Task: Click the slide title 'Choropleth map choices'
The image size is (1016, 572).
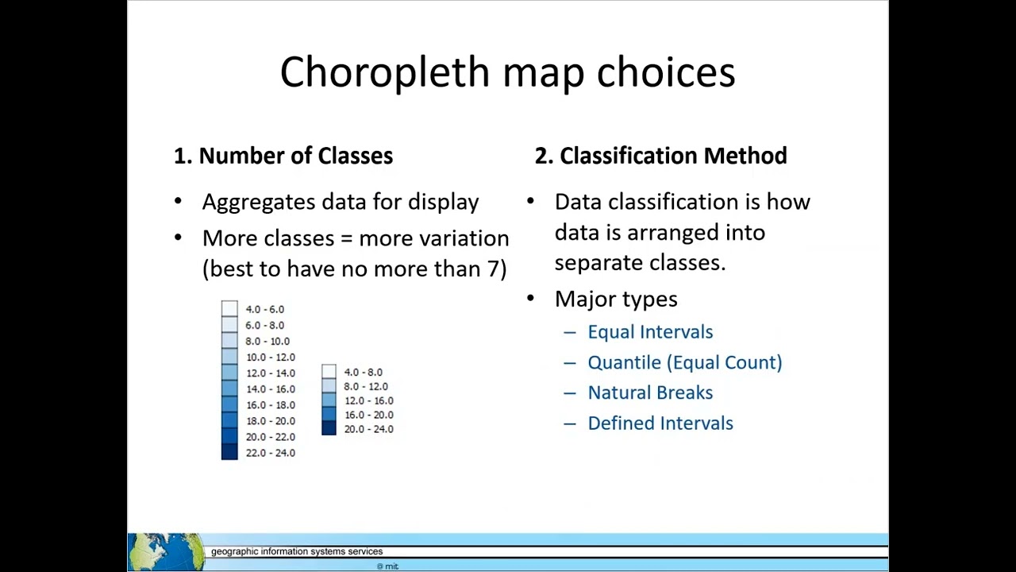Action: click(x=507, y=72)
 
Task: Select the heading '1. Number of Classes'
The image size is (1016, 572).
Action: click(x=283, y=156)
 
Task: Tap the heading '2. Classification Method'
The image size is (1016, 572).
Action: click(x=660, y=156)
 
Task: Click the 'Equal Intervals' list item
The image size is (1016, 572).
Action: click(x=650, y=332)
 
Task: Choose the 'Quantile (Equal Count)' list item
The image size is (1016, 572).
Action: click(x=684, y=362)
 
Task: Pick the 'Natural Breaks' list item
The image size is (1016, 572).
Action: click(x=650, y=392)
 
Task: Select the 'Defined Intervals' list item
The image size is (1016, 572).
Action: click(x=660, y=423)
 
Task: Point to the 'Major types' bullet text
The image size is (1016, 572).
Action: click(x=616, y=299)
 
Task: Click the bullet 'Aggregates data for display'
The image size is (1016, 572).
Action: click(x=341, y=202)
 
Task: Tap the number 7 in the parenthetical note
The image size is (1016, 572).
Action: click(x=492, y=269)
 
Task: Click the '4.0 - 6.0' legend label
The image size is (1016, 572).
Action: click(x=264, y=309)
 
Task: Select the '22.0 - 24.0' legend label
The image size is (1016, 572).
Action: click(x=270, y=453)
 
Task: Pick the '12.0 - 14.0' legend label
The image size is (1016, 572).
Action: click(x=270, y=373)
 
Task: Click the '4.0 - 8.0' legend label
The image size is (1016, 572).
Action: click(x=363, y=372)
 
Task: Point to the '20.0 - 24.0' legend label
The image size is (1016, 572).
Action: click(x=368, y=429)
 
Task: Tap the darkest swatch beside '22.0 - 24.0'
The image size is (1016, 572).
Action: click(x=229, y=452)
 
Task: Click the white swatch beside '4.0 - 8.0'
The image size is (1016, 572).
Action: click(x=329, y=372)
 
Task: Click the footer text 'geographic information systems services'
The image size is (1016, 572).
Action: click(x=297, y=551)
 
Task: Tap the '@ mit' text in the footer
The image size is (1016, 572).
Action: click(x=387, y=566)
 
